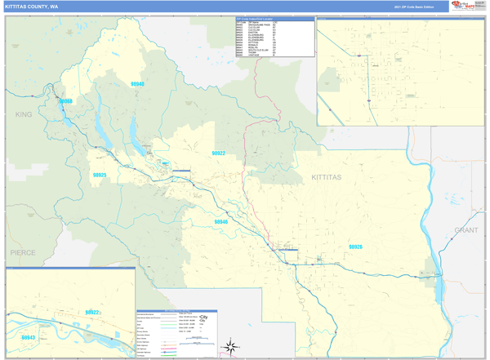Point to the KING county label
pyautogui.click(x=23, y=115)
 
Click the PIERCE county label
pyautogui.click(x=23, y=253)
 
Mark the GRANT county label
pyautogui.click(x=466, y=231)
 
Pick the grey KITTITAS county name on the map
pyautogui.click(x=327, y=177)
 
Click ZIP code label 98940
pyautogui.click(x=136, y=84)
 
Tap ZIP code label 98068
pyautogui.click(x=65, y=102)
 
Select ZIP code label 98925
pyautogui.click(x=100, y=175)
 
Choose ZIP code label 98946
pyautogui.click(x=220, y=222)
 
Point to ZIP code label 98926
pyautogui.click(x=355, y=247)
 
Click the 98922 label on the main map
pyautogui.click(x=218, y=153)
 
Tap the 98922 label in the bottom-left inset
pyautogui.click(x=91, y=312)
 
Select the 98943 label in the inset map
pyautogui.click(x=29, y=337)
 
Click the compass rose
pyautogui.click(x=232, y=347)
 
